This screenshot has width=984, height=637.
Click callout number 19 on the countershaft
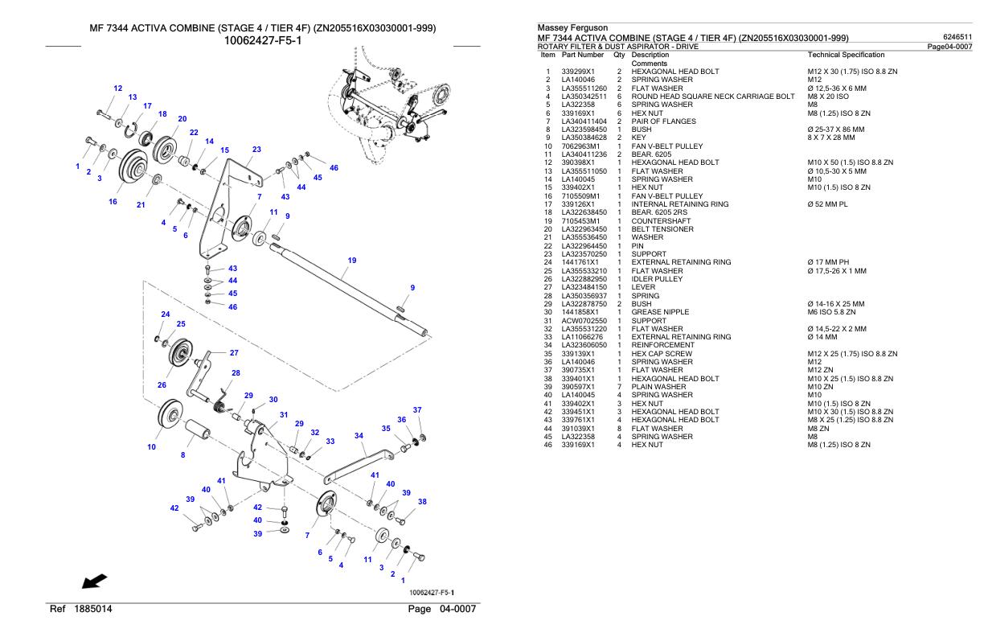pos(351,261)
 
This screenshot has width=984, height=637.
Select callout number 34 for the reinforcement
pos(359,435)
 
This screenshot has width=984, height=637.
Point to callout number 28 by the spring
pos(236,373)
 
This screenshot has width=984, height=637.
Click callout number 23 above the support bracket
pos(256,150)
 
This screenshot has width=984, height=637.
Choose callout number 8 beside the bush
pos(182,455)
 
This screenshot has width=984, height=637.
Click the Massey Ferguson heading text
pos(572,28)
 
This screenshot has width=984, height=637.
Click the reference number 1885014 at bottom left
pos(94,609)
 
